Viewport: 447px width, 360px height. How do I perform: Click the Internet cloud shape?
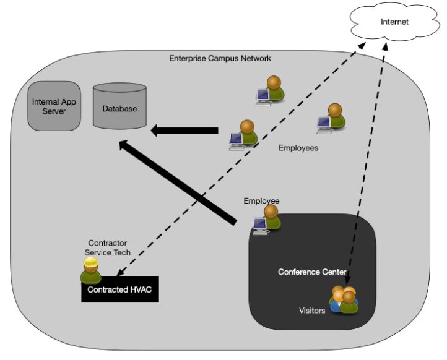pos(395,22)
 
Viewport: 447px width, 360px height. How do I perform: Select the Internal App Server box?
pos(54,106)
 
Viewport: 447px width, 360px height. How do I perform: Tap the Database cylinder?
pos(119,106)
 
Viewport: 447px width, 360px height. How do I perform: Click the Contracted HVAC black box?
pos(120,289)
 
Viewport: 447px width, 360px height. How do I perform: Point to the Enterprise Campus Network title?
pos(220,58)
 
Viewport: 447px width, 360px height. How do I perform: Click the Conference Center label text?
pos(312,272)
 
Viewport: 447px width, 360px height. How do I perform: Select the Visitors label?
pos(312,311)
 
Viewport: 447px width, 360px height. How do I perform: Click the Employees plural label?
pos(298,148)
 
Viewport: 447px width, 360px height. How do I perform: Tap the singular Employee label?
pos(261,201)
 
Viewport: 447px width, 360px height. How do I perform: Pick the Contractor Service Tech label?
pos(108,247)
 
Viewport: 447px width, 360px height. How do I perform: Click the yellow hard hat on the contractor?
pos(90,262)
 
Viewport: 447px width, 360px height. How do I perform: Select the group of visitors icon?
pos(344,299)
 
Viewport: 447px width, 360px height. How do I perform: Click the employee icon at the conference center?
pos(267,220)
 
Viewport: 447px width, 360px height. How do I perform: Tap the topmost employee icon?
pos(271,91)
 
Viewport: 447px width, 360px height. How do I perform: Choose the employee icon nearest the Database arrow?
pos(243,135)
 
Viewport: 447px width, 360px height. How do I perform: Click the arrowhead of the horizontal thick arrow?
pos(154,131)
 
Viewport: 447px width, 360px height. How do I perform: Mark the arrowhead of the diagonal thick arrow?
pos(123,144)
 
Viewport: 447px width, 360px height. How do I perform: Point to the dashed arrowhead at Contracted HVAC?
pos(120,273)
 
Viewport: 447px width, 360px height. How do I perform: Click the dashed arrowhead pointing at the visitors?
pos(347,281)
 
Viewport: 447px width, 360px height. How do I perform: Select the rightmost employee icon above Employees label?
pos(331,119)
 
